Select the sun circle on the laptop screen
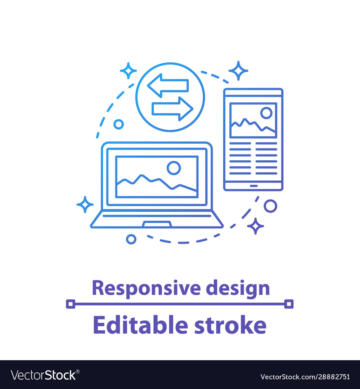pos(174,168)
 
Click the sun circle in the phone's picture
pos(266,113)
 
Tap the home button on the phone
pos(253,186)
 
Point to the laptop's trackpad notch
pos(157,224)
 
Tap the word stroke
pos(230,325)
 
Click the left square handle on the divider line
pos(71,304)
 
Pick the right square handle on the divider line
pos(289,304)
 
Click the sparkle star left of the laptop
pos(85,205)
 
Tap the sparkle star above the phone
pos(238,71)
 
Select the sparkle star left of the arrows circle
pos(128,71)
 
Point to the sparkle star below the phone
pos(255,226)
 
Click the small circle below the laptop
pos(131,239)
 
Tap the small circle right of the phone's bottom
pos(270,206)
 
